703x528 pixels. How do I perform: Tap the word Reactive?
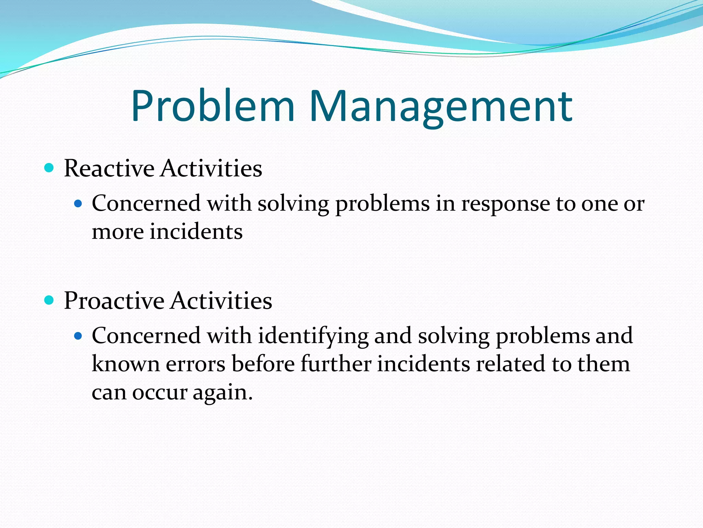click(x=109, y=168)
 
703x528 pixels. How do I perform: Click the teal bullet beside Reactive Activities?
click(x=49, y=168)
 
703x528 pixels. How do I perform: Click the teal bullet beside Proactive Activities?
click(x=49, y=300)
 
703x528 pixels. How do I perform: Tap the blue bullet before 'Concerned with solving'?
click(x=79, y=204)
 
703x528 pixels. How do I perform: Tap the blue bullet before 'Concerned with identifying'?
click(x=79, y=336)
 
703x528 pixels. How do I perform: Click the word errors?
click(x=196, y=364)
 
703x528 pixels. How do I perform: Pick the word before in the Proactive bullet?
click(x=263, y=364)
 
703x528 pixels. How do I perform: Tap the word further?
click(x=336, y=364)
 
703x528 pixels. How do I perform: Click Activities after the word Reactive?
click(x=211, y=168)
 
